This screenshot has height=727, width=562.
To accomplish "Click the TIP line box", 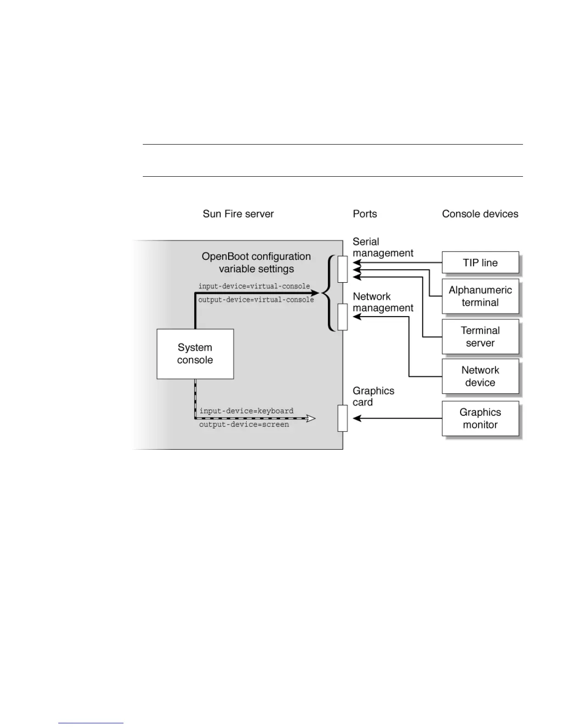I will tap(480, 263).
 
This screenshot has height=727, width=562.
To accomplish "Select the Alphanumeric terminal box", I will tap(480, 296).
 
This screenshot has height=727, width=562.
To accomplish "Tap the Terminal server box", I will tap(480, 336).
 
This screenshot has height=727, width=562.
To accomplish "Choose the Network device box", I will tap(480, 376).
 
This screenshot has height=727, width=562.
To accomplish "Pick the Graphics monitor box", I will tap(480, 418).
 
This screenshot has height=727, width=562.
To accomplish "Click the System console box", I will tap(195, 354).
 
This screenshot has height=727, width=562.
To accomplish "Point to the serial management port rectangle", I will tap(343, 269).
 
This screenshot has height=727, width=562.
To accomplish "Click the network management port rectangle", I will tap(343, 317).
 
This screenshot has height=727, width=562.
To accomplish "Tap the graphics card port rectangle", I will tap(343, 418).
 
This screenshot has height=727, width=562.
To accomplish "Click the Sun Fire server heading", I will tap(238, 214).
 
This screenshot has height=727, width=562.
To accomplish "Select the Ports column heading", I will tap(365, 214).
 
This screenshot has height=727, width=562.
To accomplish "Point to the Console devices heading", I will tap(480, 214).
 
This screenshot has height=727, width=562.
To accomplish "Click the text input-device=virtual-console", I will tap(254, 286).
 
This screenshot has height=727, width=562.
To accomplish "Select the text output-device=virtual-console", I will tap(256, 300).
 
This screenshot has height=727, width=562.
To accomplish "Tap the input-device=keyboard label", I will tap(246, 411).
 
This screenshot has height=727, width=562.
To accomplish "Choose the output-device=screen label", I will tap(244, 425).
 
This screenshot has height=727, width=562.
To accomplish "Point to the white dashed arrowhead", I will tap(311, 418).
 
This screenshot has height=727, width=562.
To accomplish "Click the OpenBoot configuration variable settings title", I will tap(256, 263).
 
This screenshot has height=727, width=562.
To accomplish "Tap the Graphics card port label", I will tap(373, 397).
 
